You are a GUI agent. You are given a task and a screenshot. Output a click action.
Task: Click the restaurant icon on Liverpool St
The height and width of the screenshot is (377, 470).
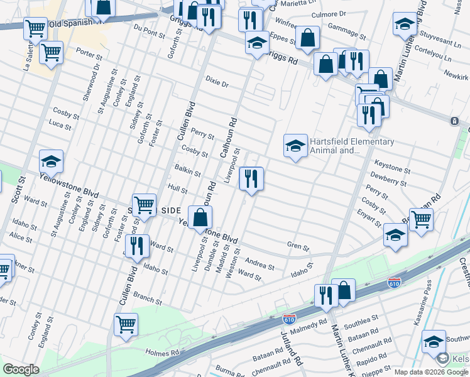251,179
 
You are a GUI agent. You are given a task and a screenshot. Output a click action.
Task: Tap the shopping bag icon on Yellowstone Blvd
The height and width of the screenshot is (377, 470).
200,217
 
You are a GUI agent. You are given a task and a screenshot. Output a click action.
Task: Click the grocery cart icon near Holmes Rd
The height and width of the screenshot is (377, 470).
126,325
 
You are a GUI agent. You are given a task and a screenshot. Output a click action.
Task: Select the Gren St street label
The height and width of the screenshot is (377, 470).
298,247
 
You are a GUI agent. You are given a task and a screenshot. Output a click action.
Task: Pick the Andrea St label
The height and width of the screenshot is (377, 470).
260,264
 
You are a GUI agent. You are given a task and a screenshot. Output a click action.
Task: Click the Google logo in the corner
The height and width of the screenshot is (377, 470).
21,369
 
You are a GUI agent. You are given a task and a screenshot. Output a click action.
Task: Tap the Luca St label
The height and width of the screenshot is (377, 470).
60,126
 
